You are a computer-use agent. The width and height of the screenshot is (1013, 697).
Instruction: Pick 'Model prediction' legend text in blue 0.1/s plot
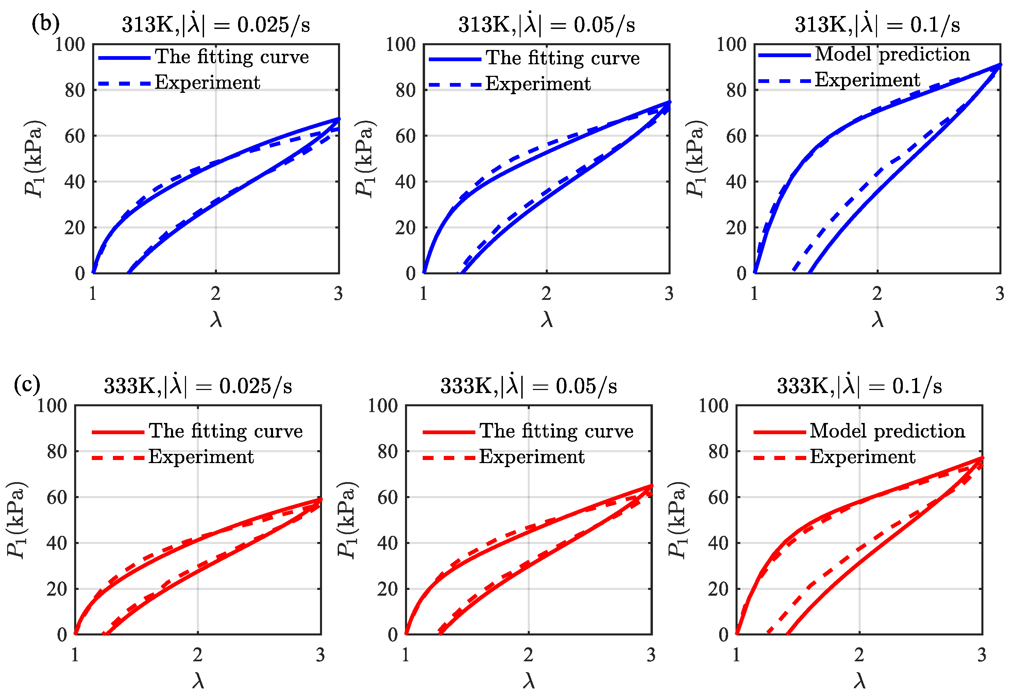click(x=892, y=54)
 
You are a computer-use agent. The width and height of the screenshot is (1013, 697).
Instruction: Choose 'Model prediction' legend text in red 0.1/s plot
click(x=887, y=431)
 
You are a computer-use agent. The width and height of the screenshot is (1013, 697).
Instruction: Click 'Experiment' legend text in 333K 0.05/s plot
click(x=531, y=457)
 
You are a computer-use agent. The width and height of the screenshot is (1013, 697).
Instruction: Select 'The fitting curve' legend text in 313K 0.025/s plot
click(x=232, y=57)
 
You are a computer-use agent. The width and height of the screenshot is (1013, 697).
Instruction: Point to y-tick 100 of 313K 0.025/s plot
click(x=70, y=44)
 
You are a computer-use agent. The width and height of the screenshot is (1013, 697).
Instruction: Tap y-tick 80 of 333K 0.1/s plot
click(x=719, y=452)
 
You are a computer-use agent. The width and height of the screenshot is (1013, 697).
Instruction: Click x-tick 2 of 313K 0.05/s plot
click(x=546, y=293)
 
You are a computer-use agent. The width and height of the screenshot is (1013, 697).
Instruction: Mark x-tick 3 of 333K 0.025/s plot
click(x=320, y=654)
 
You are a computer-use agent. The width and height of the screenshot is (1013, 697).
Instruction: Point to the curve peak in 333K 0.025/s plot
click(x=320, y=499)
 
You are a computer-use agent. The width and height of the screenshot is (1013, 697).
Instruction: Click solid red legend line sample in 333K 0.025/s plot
click(x=118, y=432)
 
